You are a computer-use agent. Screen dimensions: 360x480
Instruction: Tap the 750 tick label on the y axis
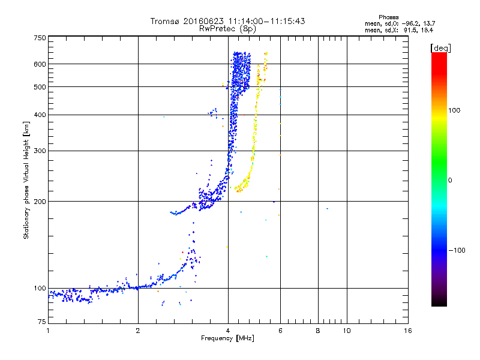point(40,38)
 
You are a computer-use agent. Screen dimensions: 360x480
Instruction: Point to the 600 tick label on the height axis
point(40,64)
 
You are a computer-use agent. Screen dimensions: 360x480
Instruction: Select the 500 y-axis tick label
point(40,86)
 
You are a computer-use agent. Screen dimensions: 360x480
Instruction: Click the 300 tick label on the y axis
point(40,151)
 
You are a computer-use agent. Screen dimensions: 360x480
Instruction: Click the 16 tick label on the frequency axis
point(409,331)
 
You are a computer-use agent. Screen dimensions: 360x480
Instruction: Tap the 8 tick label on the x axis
point(318,331)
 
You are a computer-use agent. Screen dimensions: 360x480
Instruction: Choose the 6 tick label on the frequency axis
point(280,331)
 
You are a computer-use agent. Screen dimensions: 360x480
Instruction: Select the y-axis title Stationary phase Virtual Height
point(26,181)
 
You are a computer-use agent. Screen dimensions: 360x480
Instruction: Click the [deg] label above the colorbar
point(440,47)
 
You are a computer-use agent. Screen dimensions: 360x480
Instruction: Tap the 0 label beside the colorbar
point(451,180)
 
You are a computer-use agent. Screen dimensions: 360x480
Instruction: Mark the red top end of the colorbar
point(439,55)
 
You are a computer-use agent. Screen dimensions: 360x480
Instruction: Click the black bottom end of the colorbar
point(439,304)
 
